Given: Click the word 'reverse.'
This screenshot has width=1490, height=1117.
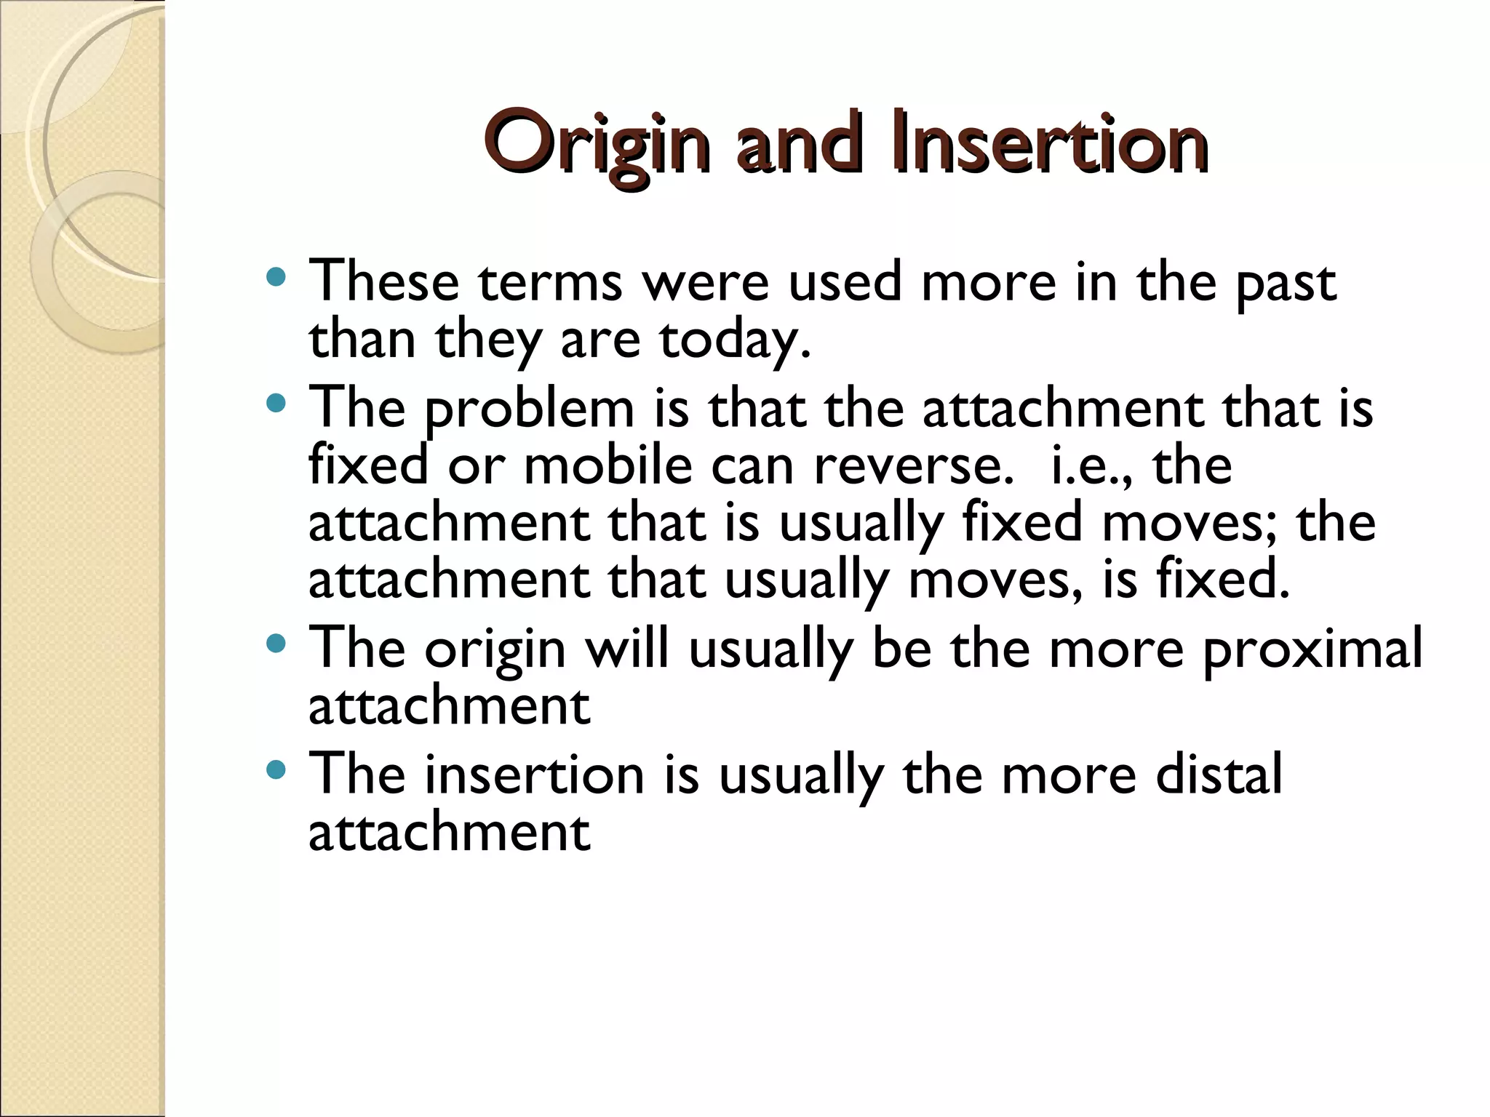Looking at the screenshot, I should (x=913, y=468).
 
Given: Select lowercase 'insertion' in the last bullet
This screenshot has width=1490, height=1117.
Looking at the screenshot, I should (x=535, y=775).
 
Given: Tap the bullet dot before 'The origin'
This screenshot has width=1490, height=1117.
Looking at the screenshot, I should (x=276, y=643).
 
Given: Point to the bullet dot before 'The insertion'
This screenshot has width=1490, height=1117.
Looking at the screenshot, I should (x=276, y=769).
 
